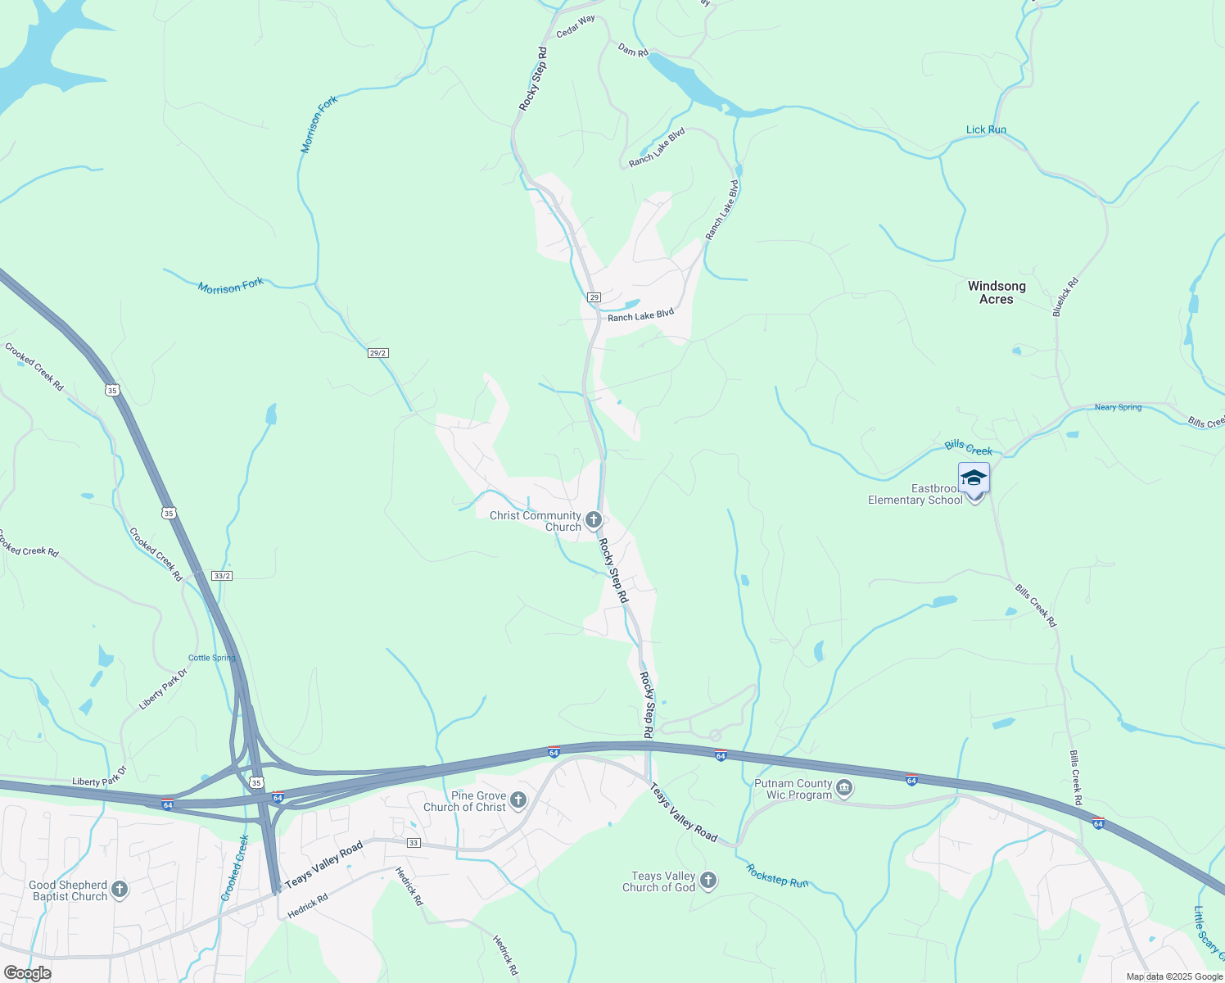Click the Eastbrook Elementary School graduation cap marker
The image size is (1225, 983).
pyautogui.click(x=974, y=478)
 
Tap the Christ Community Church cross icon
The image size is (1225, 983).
pyautogui.click(x=594, y=520)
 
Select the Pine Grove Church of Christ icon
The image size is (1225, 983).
pyautogui.click(x=518, y=800)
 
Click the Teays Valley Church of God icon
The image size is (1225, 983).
pyautogui.click(x=708, y=881)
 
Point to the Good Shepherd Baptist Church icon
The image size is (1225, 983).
pyautogui.click(x=120, y=890)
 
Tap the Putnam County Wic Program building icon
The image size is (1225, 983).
pyautogui.click(x=845, y=789)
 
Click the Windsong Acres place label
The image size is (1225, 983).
pyautogui.click(x=997, y=292)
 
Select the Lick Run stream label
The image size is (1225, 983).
pyautogui.click(x=986, y=129)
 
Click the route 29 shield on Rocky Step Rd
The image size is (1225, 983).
pyautogui.click(x=594, y=297)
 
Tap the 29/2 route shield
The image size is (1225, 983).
pyautogui.click(x=377, y=353)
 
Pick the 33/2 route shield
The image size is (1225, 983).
pyautogui.click(x=222, y=576)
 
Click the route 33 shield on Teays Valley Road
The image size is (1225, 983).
pyautogui.click(x=413, y=843)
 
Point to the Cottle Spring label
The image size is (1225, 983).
pyautogui.click(x=211, y=658)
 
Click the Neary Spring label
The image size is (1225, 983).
pyautogui.click(x=1118, y=407)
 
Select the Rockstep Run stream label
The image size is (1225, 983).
pyautogui.click(x=777, y=877)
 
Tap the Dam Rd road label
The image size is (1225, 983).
pyautogui.click(x=633, y=51)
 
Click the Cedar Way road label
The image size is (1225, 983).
pyautogui.click(x=576, y=26)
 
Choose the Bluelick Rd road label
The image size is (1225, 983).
pyautogui.click(x=1066, y=297)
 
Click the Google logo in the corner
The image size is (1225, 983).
pyautogui.click(x=27, y=973)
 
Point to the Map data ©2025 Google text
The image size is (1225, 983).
pyautogui.click(x=1174, y=976)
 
